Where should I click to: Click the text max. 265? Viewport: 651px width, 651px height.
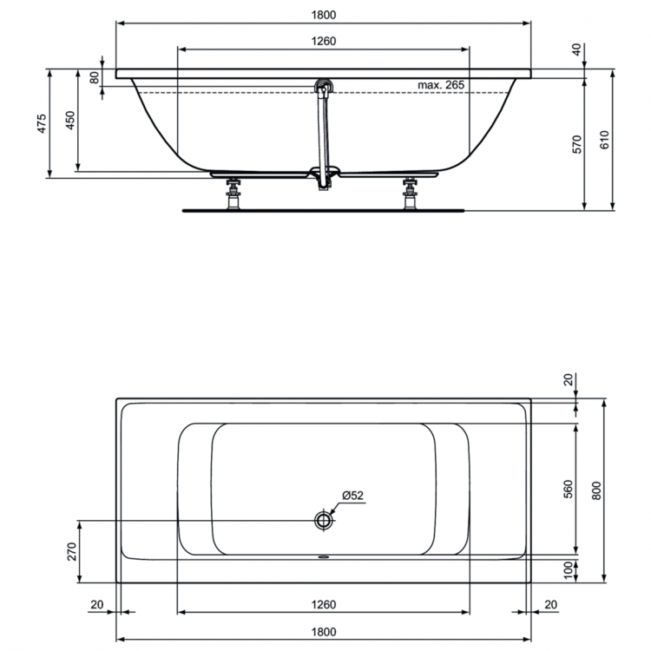pos(441,84)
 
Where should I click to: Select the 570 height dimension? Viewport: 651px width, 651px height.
pos(575,144)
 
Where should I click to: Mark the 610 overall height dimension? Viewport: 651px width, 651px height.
pos(604,140)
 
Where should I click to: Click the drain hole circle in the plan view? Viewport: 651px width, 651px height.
pos(324,520)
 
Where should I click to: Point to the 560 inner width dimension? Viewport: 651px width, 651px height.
pos(569,489)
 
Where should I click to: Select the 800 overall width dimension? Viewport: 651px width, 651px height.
pos(595,490)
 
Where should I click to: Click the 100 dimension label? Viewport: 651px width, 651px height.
pos(569,570)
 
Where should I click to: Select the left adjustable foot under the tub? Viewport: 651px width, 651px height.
pos(233,193)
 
